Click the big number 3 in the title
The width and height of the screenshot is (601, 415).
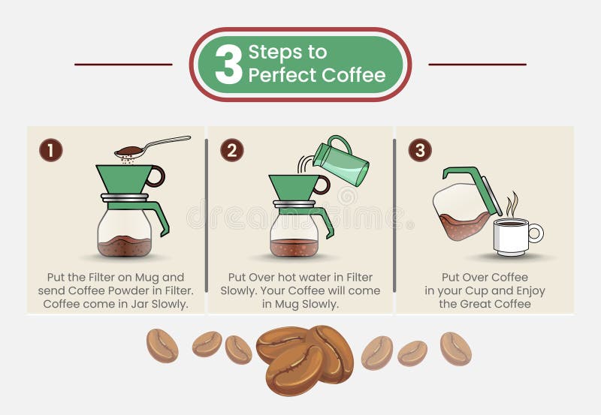(228, 65)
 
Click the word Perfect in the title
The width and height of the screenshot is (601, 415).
(282, 75)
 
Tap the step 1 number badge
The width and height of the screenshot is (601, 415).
(50, 151)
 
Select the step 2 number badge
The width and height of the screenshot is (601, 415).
(231, 151)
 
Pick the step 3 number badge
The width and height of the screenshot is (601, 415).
(420, 151)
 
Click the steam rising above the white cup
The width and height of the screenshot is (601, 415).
(512, 205)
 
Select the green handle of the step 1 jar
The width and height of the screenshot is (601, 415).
(159, 213)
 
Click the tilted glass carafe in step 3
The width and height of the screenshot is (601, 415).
(461, 210)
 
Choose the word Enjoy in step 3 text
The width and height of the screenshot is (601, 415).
(527, 290)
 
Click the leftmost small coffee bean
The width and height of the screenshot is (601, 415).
(162, 345)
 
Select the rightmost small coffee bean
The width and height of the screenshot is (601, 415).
(455, 348)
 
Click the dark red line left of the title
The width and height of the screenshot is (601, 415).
(123, 65)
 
